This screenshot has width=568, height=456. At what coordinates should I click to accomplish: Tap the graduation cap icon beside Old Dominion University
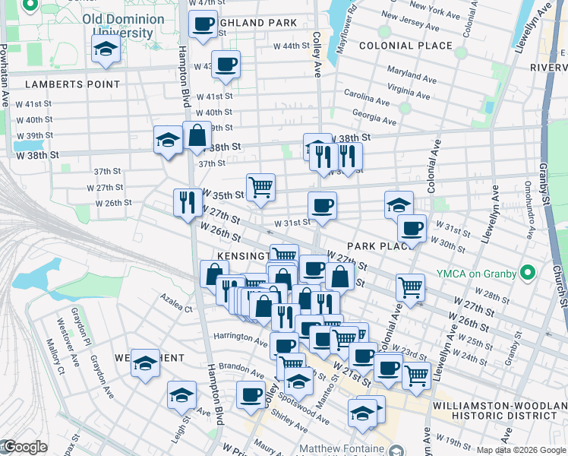106,50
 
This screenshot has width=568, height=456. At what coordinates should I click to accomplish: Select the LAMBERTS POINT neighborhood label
71,84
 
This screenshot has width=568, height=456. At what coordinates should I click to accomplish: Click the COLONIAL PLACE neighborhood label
405,46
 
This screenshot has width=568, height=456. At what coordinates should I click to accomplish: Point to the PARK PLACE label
373,246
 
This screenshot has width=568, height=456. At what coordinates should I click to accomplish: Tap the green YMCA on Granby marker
529,273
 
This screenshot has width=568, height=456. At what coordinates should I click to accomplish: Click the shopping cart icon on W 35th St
260,186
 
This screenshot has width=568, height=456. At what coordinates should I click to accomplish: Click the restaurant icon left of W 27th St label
187,202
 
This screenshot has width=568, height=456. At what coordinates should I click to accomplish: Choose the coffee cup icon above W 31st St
322,205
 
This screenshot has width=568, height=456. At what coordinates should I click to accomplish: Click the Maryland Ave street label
410,78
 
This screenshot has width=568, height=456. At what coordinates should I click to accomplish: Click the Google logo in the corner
24,447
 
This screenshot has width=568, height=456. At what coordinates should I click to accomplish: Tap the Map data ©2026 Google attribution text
520,450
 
